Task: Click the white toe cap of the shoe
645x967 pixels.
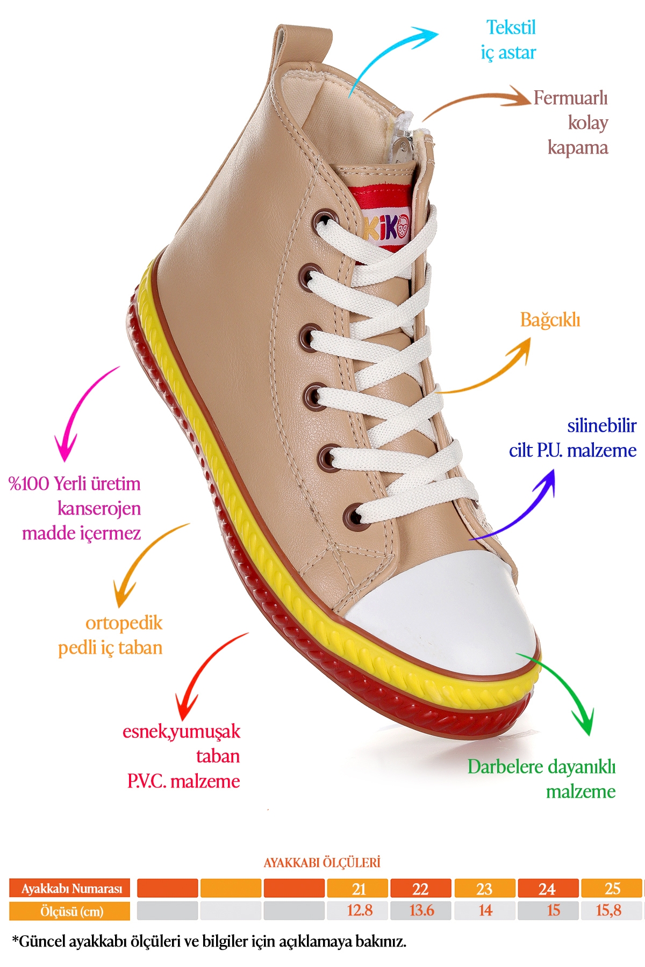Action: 446,618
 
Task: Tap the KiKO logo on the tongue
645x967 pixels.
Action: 386,228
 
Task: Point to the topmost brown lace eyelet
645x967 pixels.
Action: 324,220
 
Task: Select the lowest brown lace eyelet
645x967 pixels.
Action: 353,517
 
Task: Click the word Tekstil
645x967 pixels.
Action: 511,28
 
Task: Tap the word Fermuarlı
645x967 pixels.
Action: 570,98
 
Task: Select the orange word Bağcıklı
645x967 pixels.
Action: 550,320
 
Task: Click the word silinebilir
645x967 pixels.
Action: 601,426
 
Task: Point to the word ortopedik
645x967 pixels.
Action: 124,623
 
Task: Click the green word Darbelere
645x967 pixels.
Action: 505,767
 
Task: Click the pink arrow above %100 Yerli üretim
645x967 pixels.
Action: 81,414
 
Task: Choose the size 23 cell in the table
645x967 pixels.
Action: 484,889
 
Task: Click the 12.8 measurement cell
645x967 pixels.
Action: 359,911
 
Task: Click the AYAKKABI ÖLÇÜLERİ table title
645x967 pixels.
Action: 322,863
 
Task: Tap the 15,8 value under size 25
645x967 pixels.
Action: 608,911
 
